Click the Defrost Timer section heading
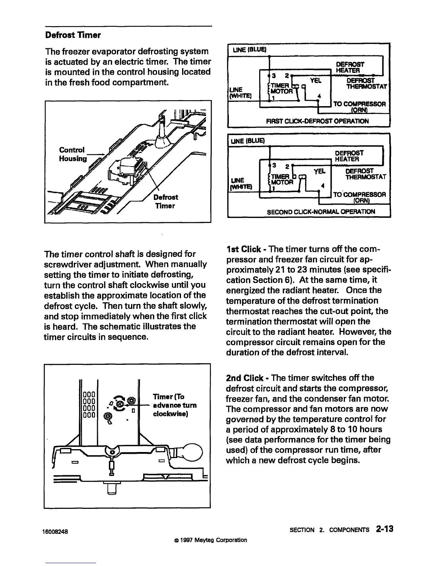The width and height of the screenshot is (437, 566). coord(73,35)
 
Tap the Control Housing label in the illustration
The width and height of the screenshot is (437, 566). coord(72,154)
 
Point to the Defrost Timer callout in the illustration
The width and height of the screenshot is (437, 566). coord(165,202)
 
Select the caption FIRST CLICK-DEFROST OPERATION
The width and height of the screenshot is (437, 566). coord(317,121)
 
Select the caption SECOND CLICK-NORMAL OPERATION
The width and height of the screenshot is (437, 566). coord(321,212)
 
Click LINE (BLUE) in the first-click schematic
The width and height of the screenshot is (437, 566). coord(250,49)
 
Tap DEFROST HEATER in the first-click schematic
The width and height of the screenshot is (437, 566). coord(349,67)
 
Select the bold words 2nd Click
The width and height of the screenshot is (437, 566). coord(246,378)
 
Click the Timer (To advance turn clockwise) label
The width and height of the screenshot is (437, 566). coord(174,405)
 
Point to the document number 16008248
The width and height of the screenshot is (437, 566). coord(56,531)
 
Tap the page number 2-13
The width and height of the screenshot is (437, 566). coord(384,529)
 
